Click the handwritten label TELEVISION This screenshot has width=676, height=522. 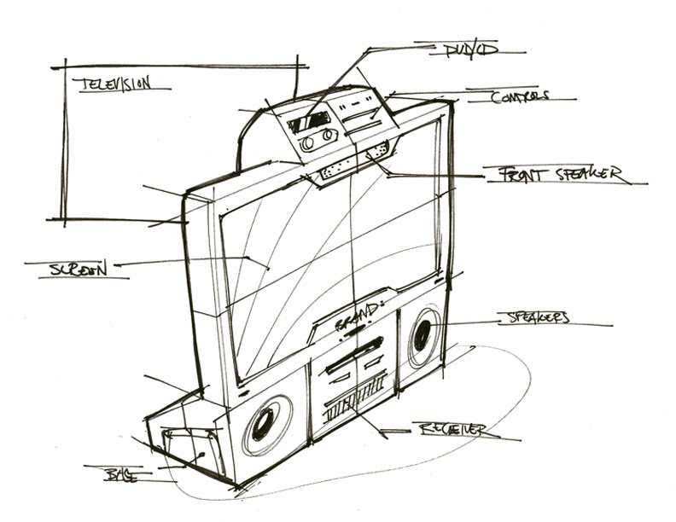tap(112, 84)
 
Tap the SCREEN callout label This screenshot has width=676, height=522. tap(79, 269)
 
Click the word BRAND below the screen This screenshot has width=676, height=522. tap(355, 323)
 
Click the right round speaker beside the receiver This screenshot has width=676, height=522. tap(422, 337)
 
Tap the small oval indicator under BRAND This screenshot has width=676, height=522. tap(357, 335)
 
